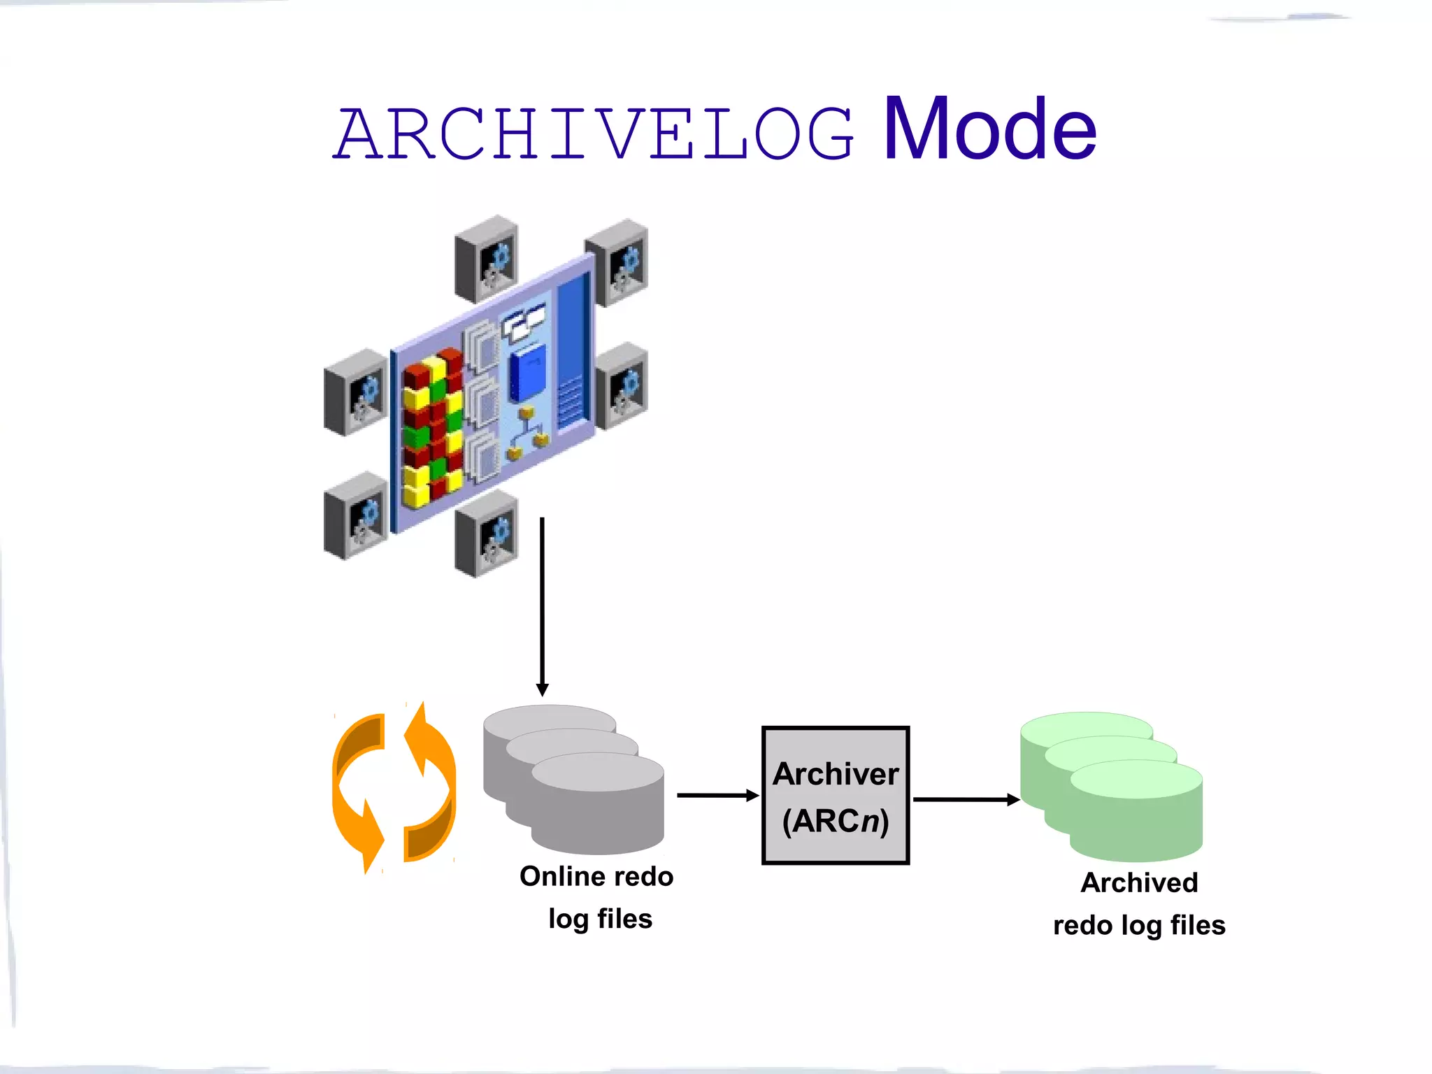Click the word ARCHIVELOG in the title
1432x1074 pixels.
(594, 134)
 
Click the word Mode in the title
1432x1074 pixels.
(990, 129)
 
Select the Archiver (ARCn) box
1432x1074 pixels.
(836, 796)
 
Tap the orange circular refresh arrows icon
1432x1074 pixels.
(394, 788)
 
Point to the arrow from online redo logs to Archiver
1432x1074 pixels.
(717, 795)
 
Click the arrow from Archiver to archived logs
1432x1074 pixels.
(966, 799)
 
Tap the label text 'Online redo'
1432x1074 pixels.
(596, 876)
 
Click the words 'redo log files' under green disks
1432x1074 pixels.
(1139, 925)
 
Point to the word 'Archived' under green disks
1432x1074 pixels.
(1139, 882)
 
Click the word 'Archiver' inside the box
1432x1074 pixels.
(836, 774)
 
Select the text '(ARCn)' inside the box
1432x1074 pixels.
(836, 821)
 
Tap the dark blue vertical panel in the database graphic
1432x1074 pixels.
(573, 350)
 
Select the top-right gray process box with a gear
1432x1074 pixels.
(617, 262)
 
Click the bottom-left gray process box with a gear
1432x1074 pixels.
(355, 516)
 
